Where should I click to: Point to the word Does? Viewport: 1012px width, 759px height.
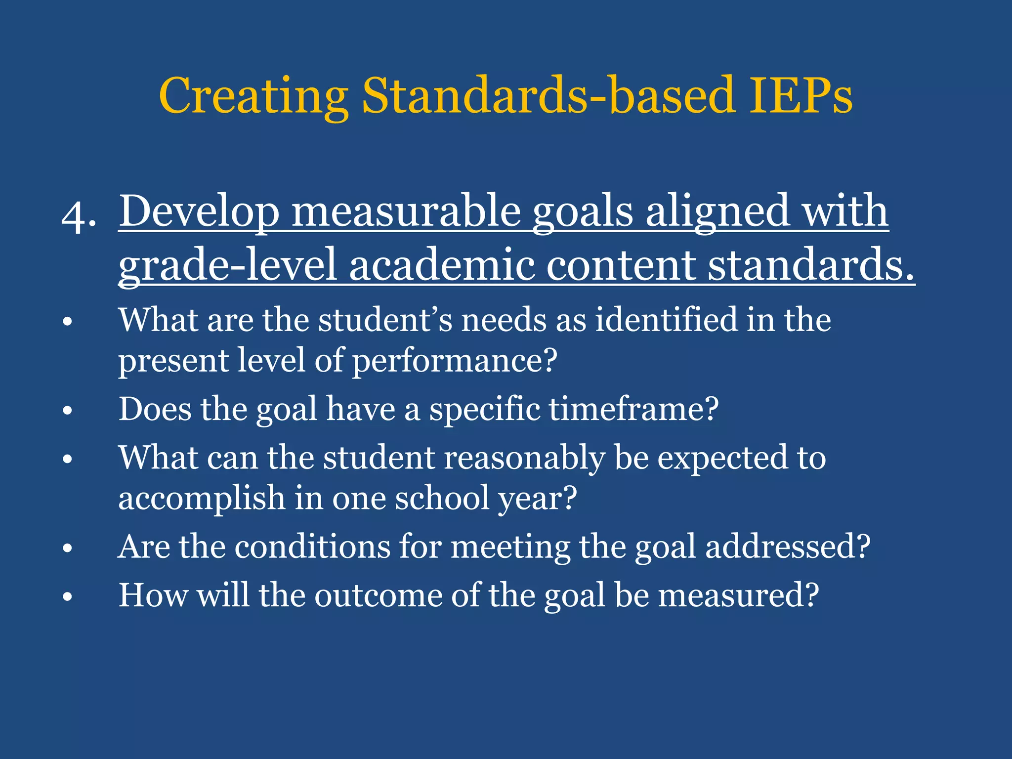[155, 410]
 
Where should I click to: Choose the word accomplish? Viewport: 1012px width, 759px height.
[202, 498]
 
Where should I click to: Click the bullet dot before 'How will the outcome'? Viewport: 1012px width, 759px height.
[68, 597]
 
